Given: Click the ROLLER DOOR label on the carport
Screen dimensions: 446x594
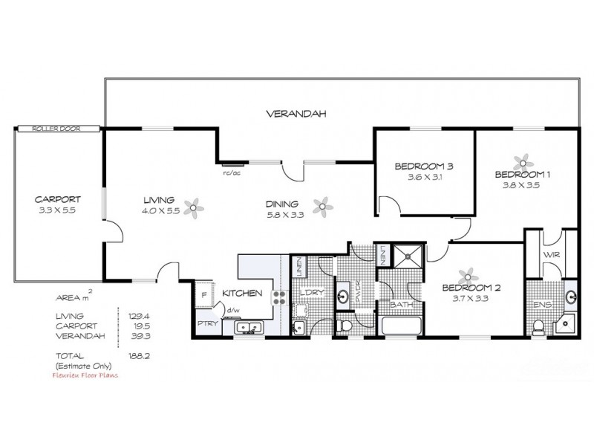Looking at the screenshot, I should [56, 129].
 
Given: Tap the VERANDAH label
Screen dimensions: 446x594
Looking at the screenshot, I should [296, 114].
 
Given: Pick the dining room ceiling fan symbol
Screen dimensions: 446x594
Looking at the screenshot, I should [322, 205].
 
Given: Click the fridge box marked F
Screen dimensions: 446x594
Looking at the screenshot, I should [203, 296].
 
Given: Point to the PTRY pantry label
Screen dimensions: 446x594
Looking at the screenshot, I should [206, 323].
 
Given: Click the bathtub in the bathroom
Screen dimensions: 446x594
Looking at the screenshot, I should [401, 326].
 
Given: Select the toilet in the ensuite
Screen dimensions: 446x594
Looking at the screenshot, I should [538, 326].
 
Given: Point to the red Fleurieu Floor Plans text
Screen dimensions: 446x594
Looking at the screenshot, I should [86, 375].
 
